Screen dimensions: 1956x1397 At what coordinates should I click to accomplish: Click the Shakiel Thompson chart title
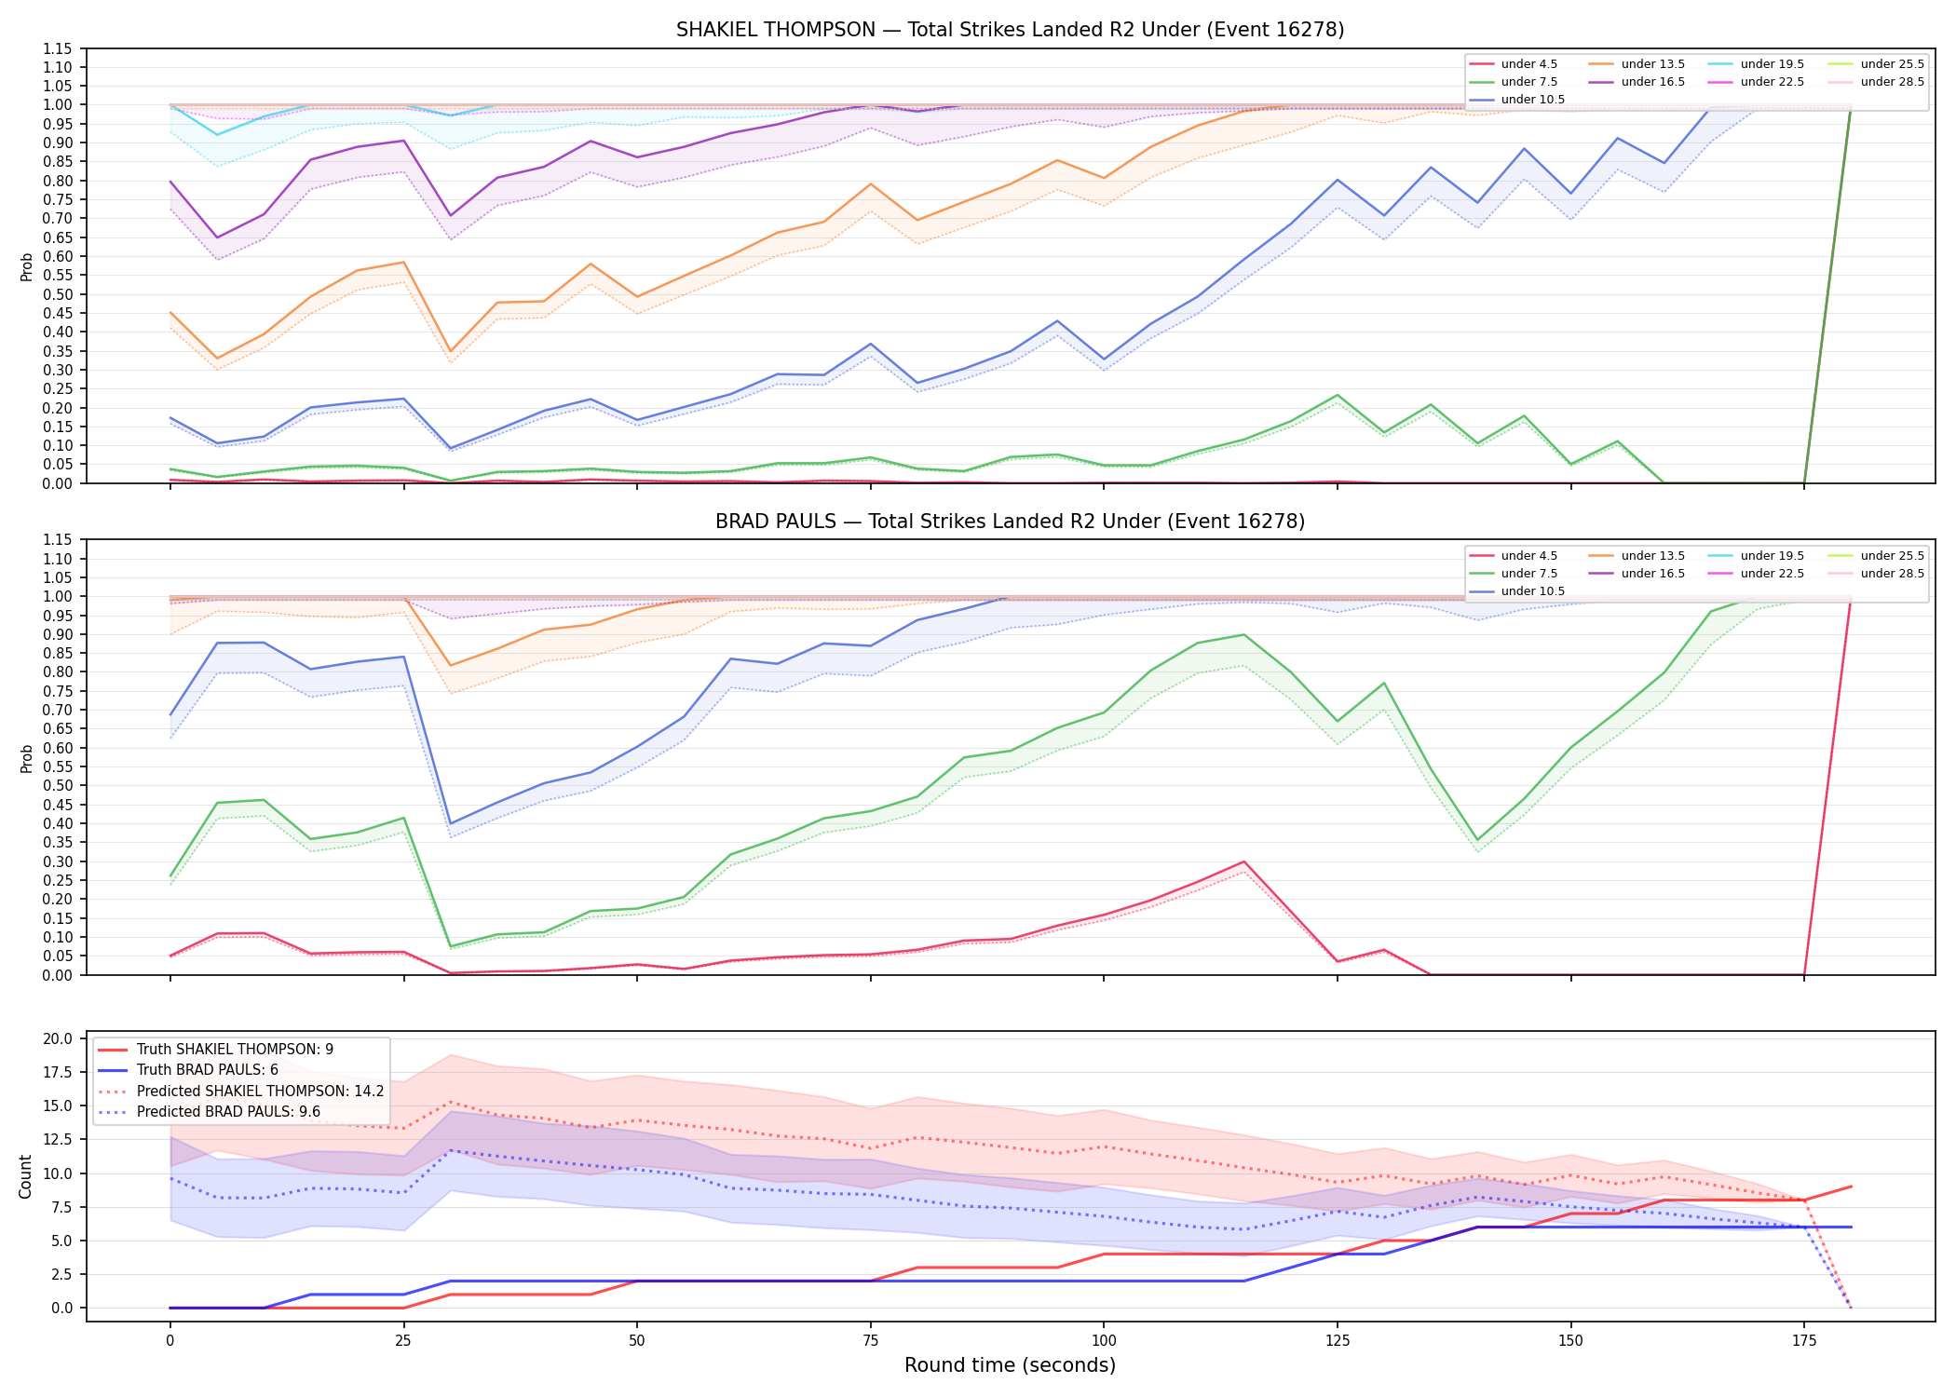tap(1010, 30)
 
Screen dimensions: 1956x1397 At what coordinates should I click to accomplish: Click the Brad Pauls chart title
tap(1010, 522)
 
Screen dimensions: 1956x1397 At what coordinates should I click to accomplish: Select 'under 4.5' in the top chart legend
tap(1528, 64)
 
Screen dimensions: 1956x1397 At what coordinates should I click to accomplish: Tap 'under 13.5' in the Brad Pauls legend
tap(1652, 556)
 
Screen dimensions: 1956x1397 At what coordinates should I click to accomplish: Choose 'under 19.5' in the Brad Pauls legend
tap(1772, 556)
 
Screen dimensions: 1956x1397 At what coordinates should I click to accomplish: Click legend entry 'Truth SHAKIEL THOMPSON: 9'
tap(235, 1050)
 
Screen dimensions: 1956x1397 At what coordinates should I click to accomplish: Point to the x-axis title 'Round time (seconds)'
tap(1010, 1365)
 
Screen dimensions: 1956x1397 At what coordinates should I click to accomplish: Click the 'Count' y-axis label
tap(25, 1176)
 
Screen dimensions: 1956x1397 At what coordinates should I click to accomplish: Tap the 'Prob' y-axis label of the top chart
tap(27, 267)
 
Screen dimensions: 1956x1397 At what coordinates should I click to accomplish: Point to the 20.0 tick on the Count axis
tap(60, 1038)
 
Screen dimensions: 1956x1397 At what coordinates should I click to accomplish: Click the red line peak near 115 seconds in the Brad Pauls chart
tap(1243, 861)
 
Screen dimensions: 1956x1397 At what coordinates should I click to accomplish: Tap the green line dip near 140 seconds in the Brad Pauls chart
tap(1477, 840)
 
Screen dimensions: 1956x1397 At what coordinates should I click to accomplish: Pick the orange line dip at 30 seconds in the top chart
tap(450, 351)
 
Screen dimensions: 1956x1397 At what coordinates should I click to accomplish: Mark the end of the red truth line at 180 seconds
tap(1851, 1187)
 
